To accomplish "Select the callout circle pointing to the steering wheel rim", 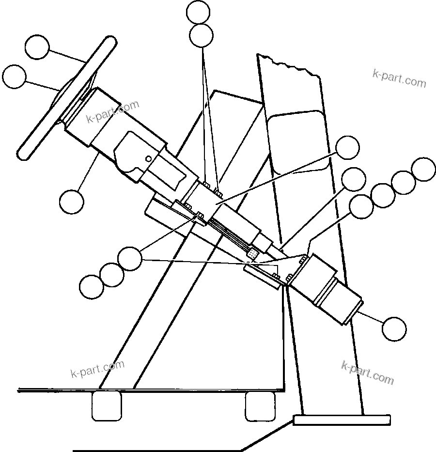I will coord(37,47).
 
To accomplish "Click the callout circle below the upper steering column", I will coord(72,201).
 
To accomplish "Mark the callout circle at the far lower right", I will coord(394,329).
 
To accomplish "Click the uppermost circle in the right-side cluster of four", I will coord(423,169).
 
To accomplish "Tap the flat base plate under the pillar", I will coord(342,420).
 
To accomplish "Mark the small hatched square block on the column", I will coord(252,253).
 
